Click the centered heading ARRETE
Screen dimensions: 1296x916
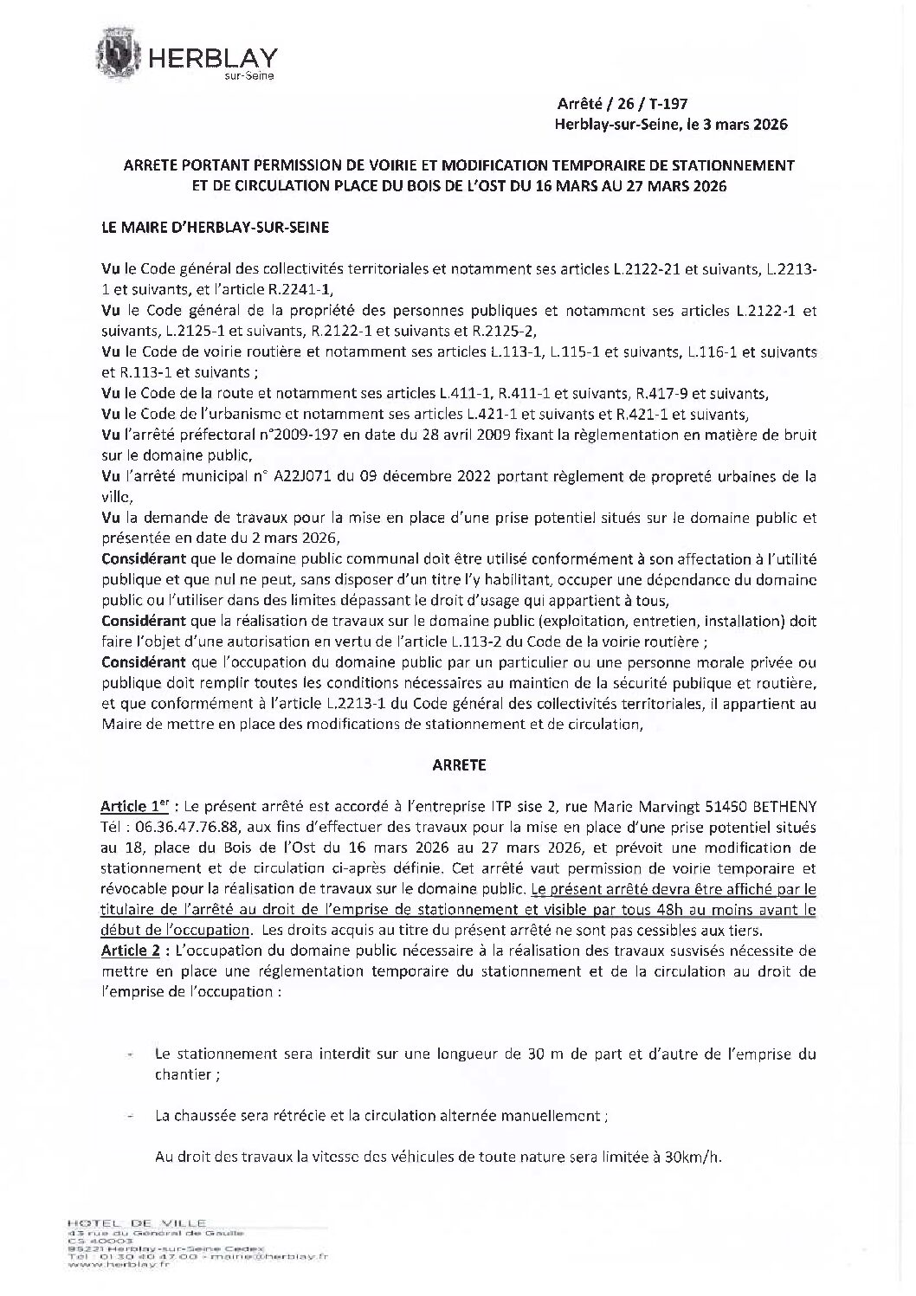(x=458, y=764)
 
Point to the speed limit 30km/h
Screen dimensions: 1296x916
(x=692, y=1157)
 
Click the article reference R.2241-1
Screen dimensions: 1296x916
(x=300, y=288)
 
